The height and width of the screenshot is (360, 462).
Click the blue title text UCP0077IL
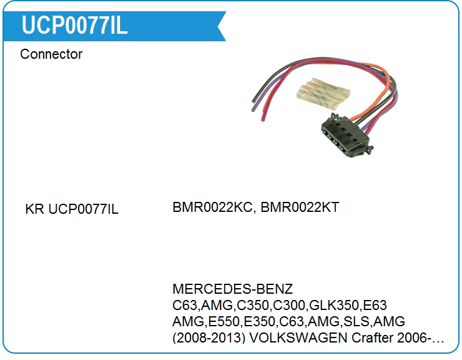(x=74, y=25)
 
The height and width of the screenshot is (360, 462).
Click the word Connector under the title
(x=51, y=54)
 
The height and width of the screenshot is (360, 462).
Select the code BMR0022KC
(x=212, y=207)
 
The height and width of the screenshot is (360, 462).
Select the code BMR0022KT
(x=300, y=207)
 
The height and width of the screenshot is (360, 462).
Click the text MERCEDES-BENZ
(x=232, y=290)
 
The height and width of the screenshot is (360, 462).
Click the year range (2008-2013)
(x=214, y=339)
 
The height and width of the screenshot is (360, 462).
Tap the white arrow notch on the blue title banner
(x=219, y=26)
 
